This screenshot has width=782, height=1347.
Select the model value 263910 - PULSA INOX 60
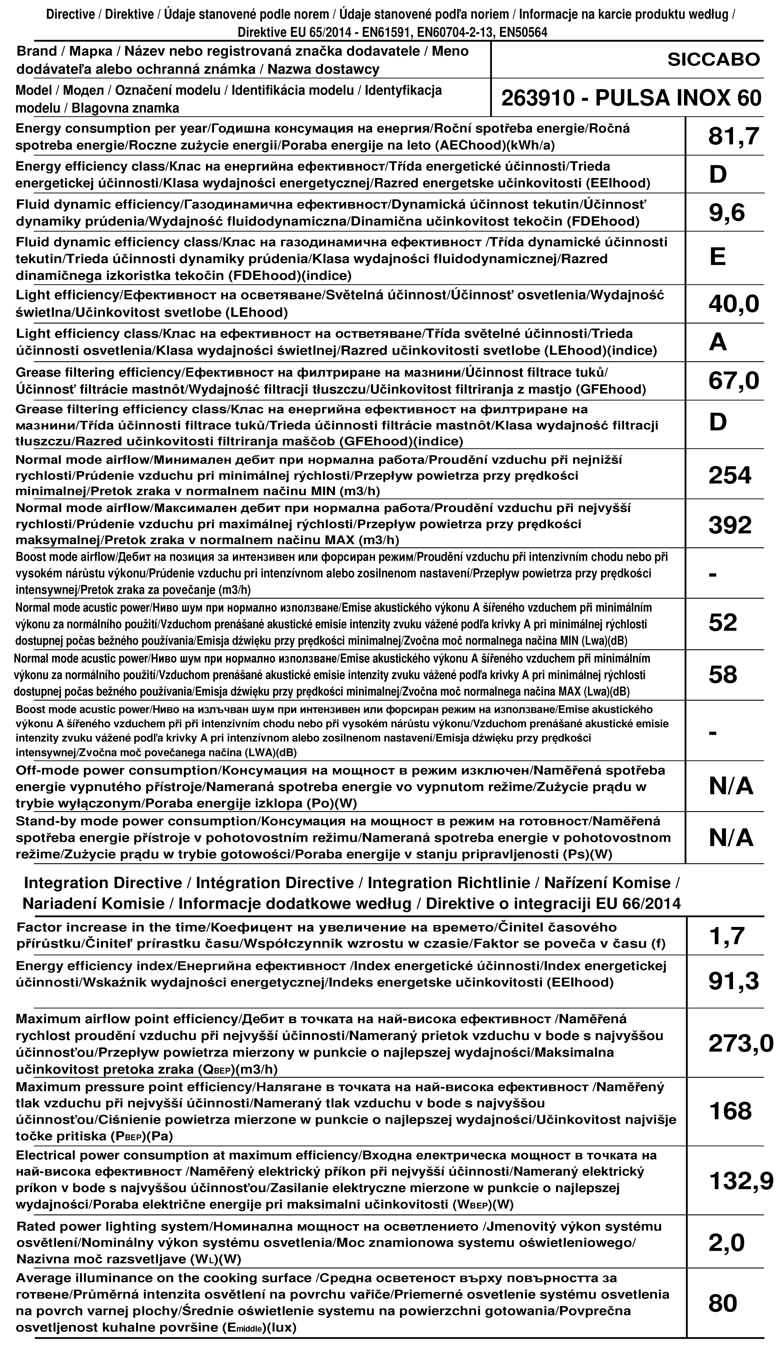coord(631,98)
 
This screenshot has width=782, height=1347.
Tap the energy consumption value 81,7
coord(733,137)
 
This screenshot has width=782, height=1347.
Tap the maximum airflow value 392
coord(730,525)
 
